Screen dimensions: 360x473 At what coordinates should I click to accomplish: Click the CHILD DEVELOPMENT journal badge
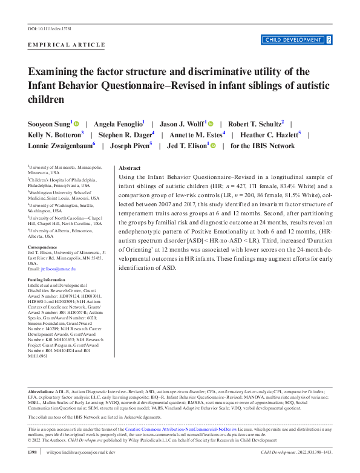pyautogui.click(x=292, y=40)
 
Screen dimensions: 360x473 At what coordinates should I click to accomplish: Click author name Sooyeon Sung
pyautogui.click(x=49, y=123)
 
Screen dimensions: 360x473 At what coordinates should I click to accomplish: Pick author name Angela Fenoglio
pyautogui.click(x=117, y=123)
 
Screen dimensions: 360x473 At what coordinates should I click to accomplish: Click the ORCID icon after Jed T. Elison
pyautogui.click(x=214, y=146)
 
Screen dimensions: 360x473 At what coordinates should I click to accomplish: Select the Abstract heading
pyautogui.click(x=129, y=168)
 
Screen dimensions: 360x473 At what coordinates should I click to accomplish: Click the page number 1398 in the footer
pyautogui.click(x=34, y=452)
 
